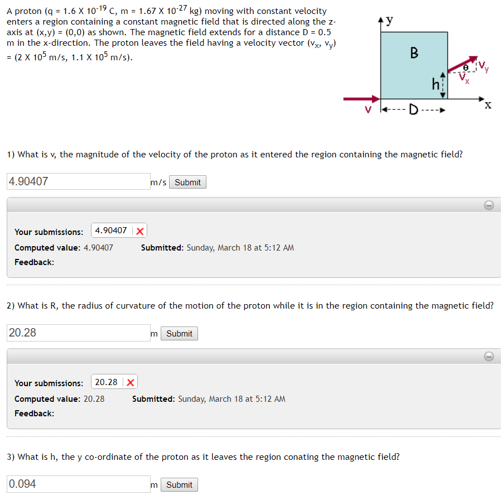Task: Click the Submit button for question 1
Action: pyautogui.click(x=187, y=182)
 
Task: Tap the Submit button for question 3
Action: pyautogui.click(x=179, y=485)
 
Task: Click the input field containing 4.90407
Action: pyautogui.click(x=79, y=181)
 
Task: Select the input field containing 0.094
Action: pyautogui.click(x=79, y=484)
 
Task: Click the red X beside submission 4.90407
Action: pyautogui.click(x=139, y=231)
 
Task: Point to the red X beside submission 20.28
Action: pyautogui.click(x=131, y=382)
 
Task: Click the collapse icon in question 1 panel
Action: pyautogui.click(x=488, y=205)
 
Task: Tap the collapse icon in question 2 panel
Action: pyautogui.click(x=488, y=357)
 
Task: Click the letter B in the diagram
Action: pyautogui.click(x=414, y=53)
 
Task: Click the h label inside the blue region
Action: pyautogui.click(x=436, y=84)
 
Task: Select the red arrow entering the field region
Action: pyautogui.click(x=360, y=99)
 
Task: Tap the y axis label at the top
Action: pyautogui.click(x=389, y=21)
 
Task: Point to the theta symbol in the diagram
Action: pyautogui.click(x=462, y=66)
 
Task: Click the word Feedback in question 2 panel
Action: pyautogui.click(x=34, y=414)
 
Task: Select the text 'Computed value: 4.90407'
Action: pyautogui.click(x=64, y=247)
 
